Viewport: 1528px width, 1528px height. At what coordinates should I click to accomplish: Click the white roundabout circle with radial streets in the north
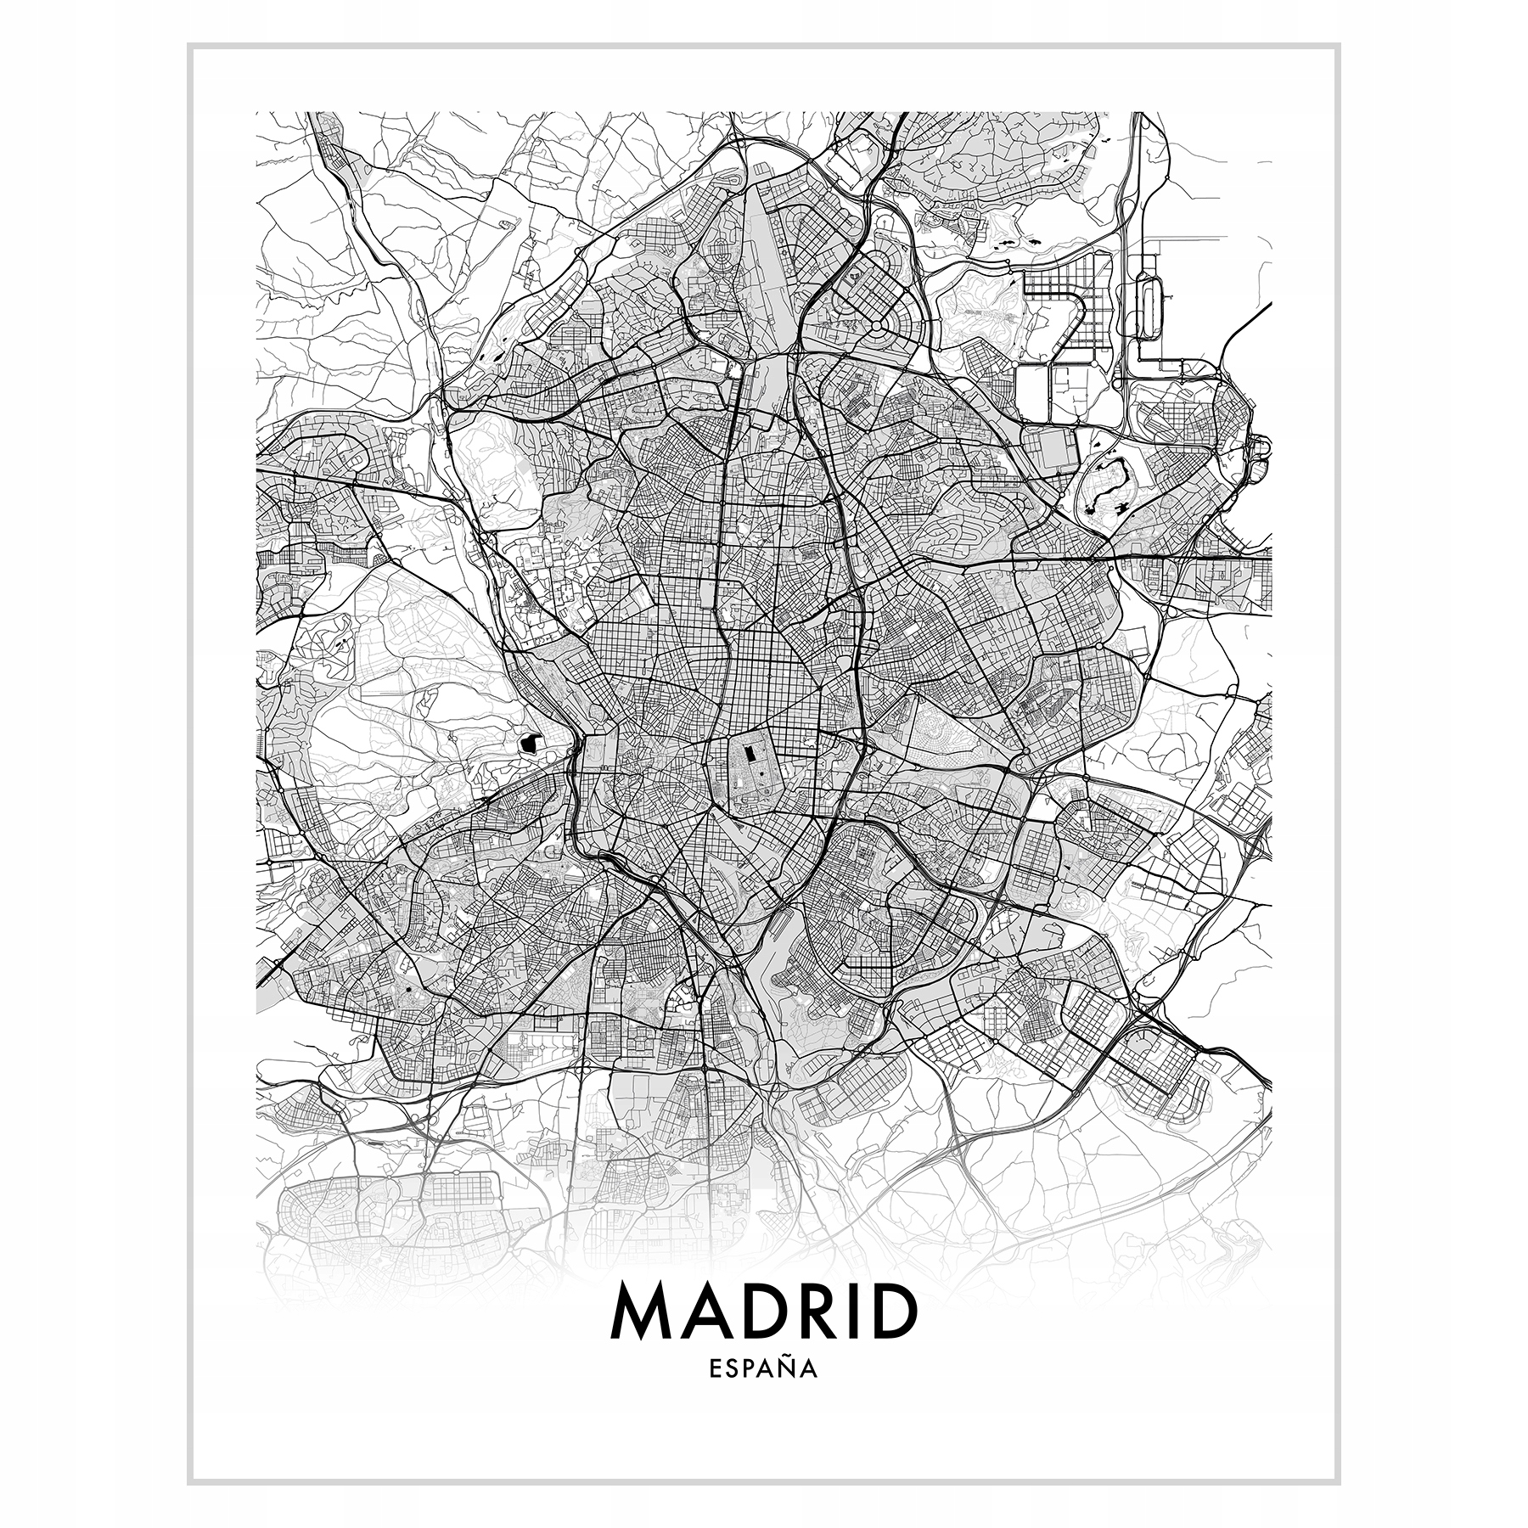click(x=876, y=324)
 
